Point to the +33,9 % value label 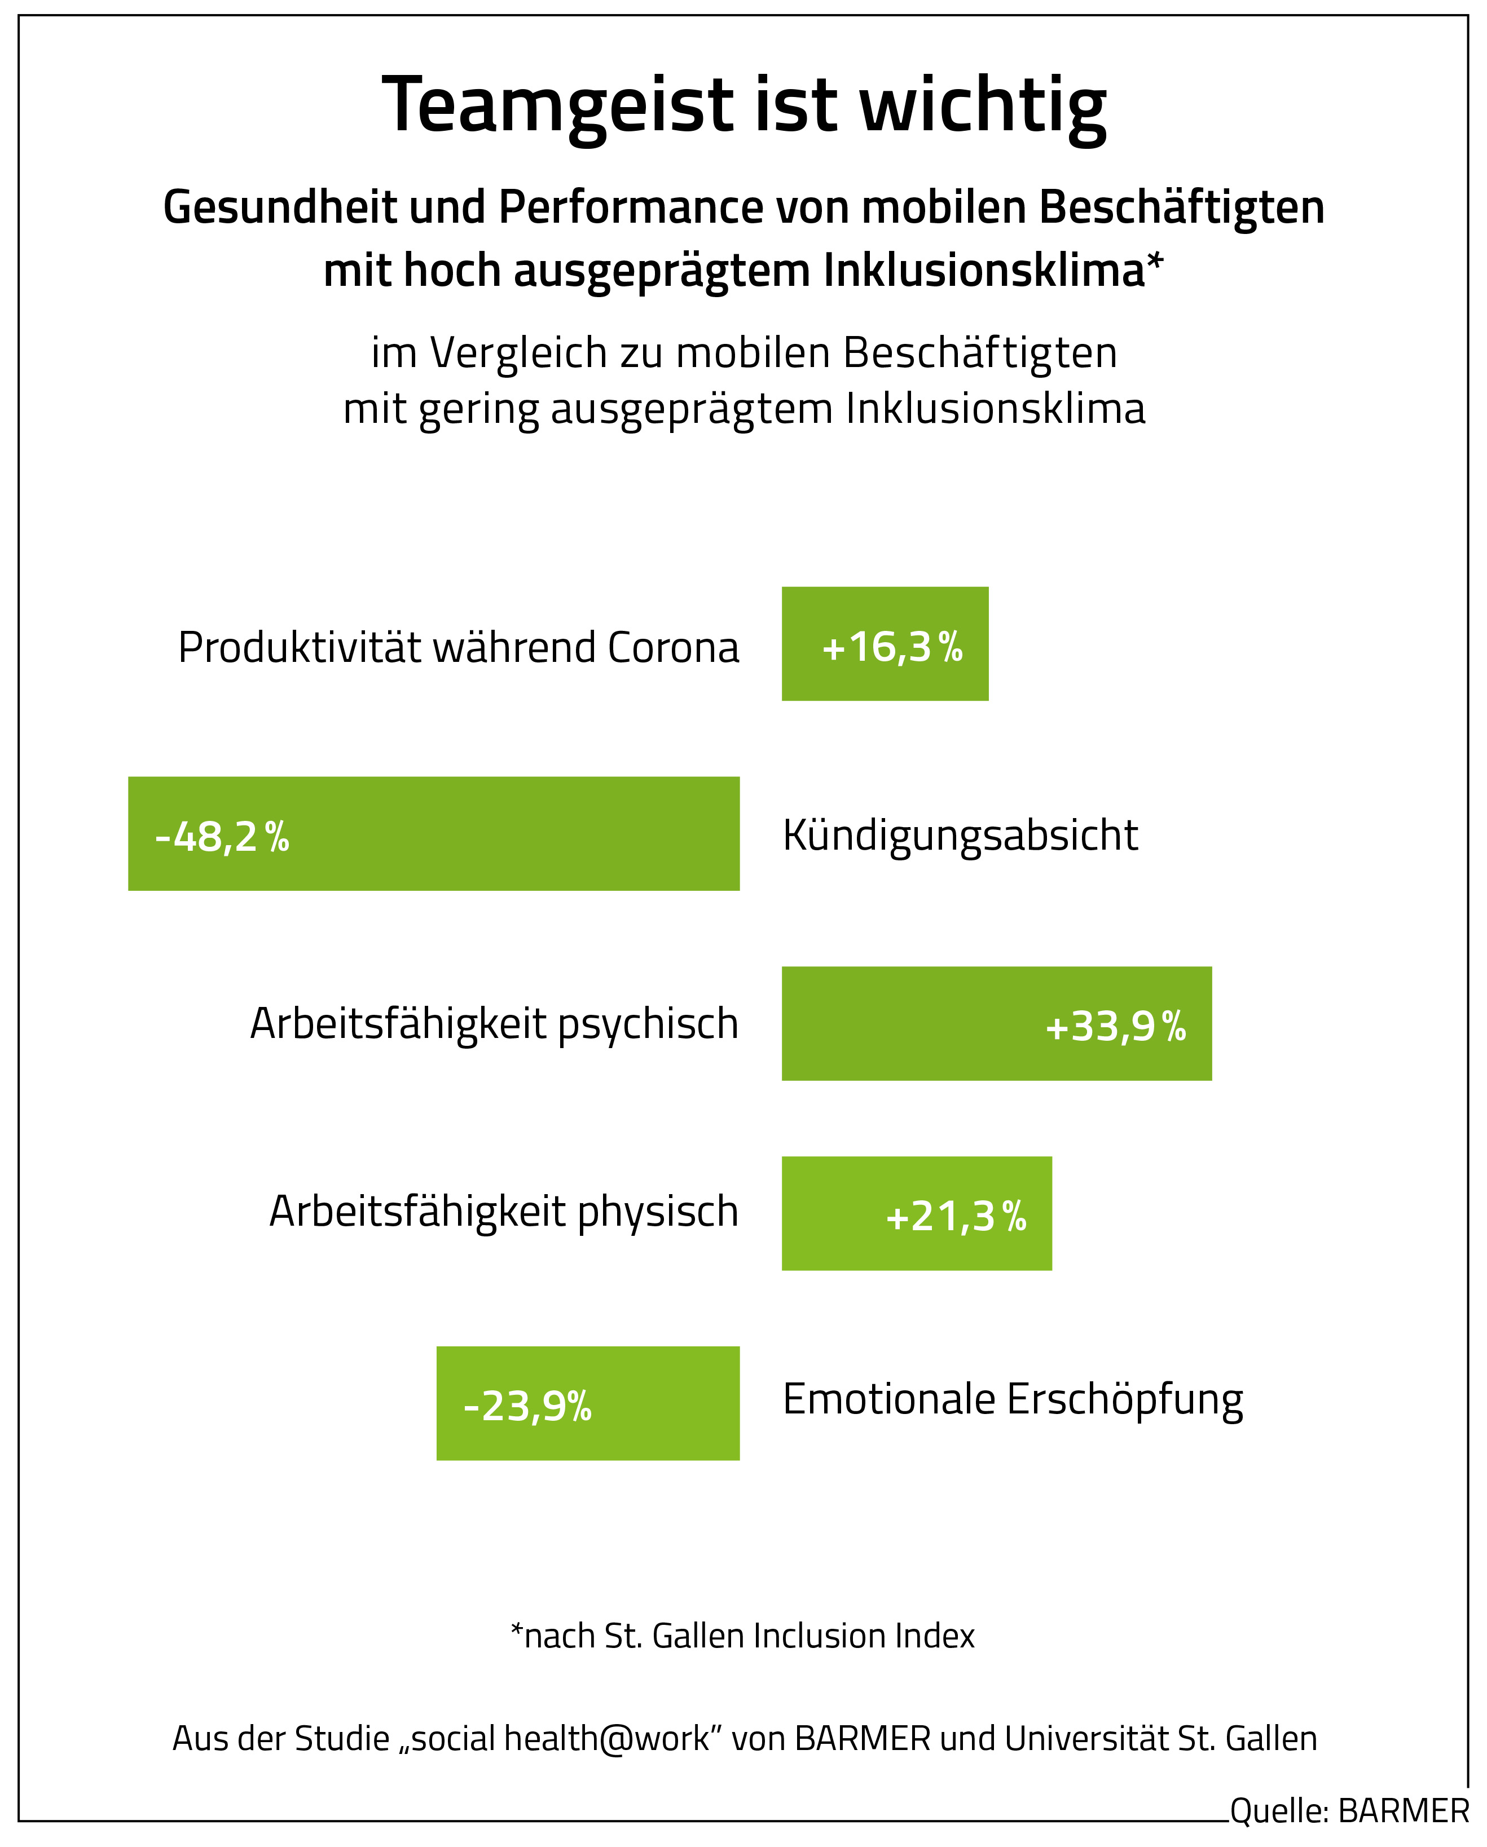click(x=1115, y=1026)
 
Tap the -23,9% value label click(x=527, y=1406)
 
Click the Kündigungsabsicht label click(x=960, y=835)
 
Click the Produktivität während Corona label click(x=459, y=648)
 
